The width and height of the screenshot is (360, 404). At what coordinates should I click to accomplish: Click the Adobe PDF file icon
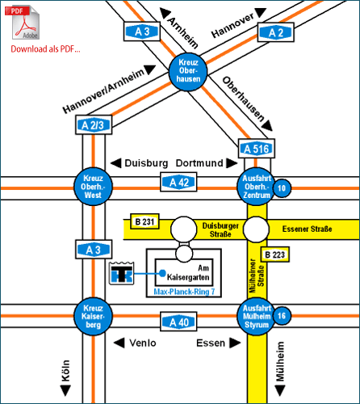coord(23,23)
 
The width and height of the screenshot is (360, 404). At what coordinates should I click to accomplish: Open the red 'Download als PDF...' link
coord(45,49)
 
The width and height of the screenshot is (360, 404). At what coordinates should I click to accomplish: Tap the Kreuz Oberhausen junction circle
coord(188,72)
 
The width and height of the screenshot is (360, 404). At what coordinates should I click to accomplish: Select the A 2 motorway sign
coord(276,32)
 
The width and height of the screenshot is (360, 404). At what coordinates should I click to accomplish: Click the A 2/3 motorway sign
coord(93,124)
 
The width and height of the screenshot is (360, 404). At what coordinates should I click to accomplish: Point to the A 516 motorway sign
coord(257,149)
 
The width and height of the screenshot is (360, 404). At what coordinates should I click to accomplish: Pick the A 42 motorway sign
coord(178,182)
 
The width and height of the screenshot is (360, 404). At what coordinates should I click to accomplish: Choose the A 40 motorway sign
coord(178,322)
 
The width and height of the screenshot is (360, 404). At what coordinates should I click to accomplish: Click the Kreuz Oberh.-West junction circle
coord(93,187)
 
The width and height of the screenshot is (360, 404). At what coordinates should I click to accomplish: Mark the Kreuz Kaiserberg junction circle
coord(93,316)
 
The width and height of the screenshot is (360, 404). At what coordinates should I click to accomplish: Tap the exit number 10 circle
coord(282,188)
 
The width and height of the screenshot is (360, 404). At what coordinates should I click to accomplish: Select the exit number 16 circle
coord(282,315)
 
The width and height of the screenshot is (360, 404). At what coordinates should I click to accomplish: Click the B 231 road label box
coord(144,221)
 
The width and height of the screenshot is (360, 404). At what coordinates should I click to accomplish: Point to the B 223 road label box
coord(275,255)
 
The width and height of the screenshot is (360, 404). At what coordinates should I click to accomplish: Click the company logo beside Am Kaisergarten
coord(122,273)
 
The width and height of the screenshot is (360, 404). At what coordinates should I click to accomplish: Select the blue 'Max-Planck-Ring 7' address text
coord(184,292)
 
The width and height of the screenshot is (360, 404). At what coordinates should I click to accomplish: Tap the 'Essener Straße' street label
coord(307,229)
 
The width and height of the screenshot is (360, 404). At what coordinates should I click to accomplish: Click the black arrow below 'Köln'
coord(65,391)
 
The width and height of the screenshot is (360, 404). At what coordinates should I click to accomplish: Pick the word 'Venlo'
coord(143,343)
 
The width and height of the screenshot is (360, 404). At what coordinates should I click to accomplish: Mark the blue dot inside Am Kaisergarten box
coord(162,273)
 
